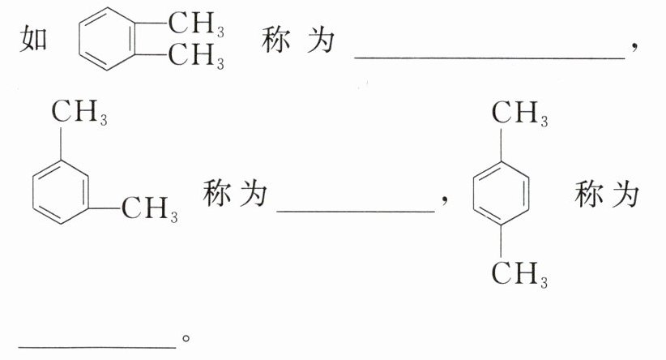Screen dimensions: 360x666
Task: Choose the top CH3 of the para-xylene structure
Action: click(519, 114)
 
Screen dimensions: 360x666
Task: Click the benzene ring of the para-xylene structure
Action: click(502, 194)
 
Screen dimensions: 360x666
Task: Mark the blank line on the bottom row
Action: click(97, 346)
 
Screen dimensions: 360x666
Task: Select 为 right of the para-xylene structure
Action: click(625, 194)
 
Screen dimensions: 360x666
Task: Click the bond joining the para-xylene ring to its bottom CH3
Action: click(502, 241)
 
